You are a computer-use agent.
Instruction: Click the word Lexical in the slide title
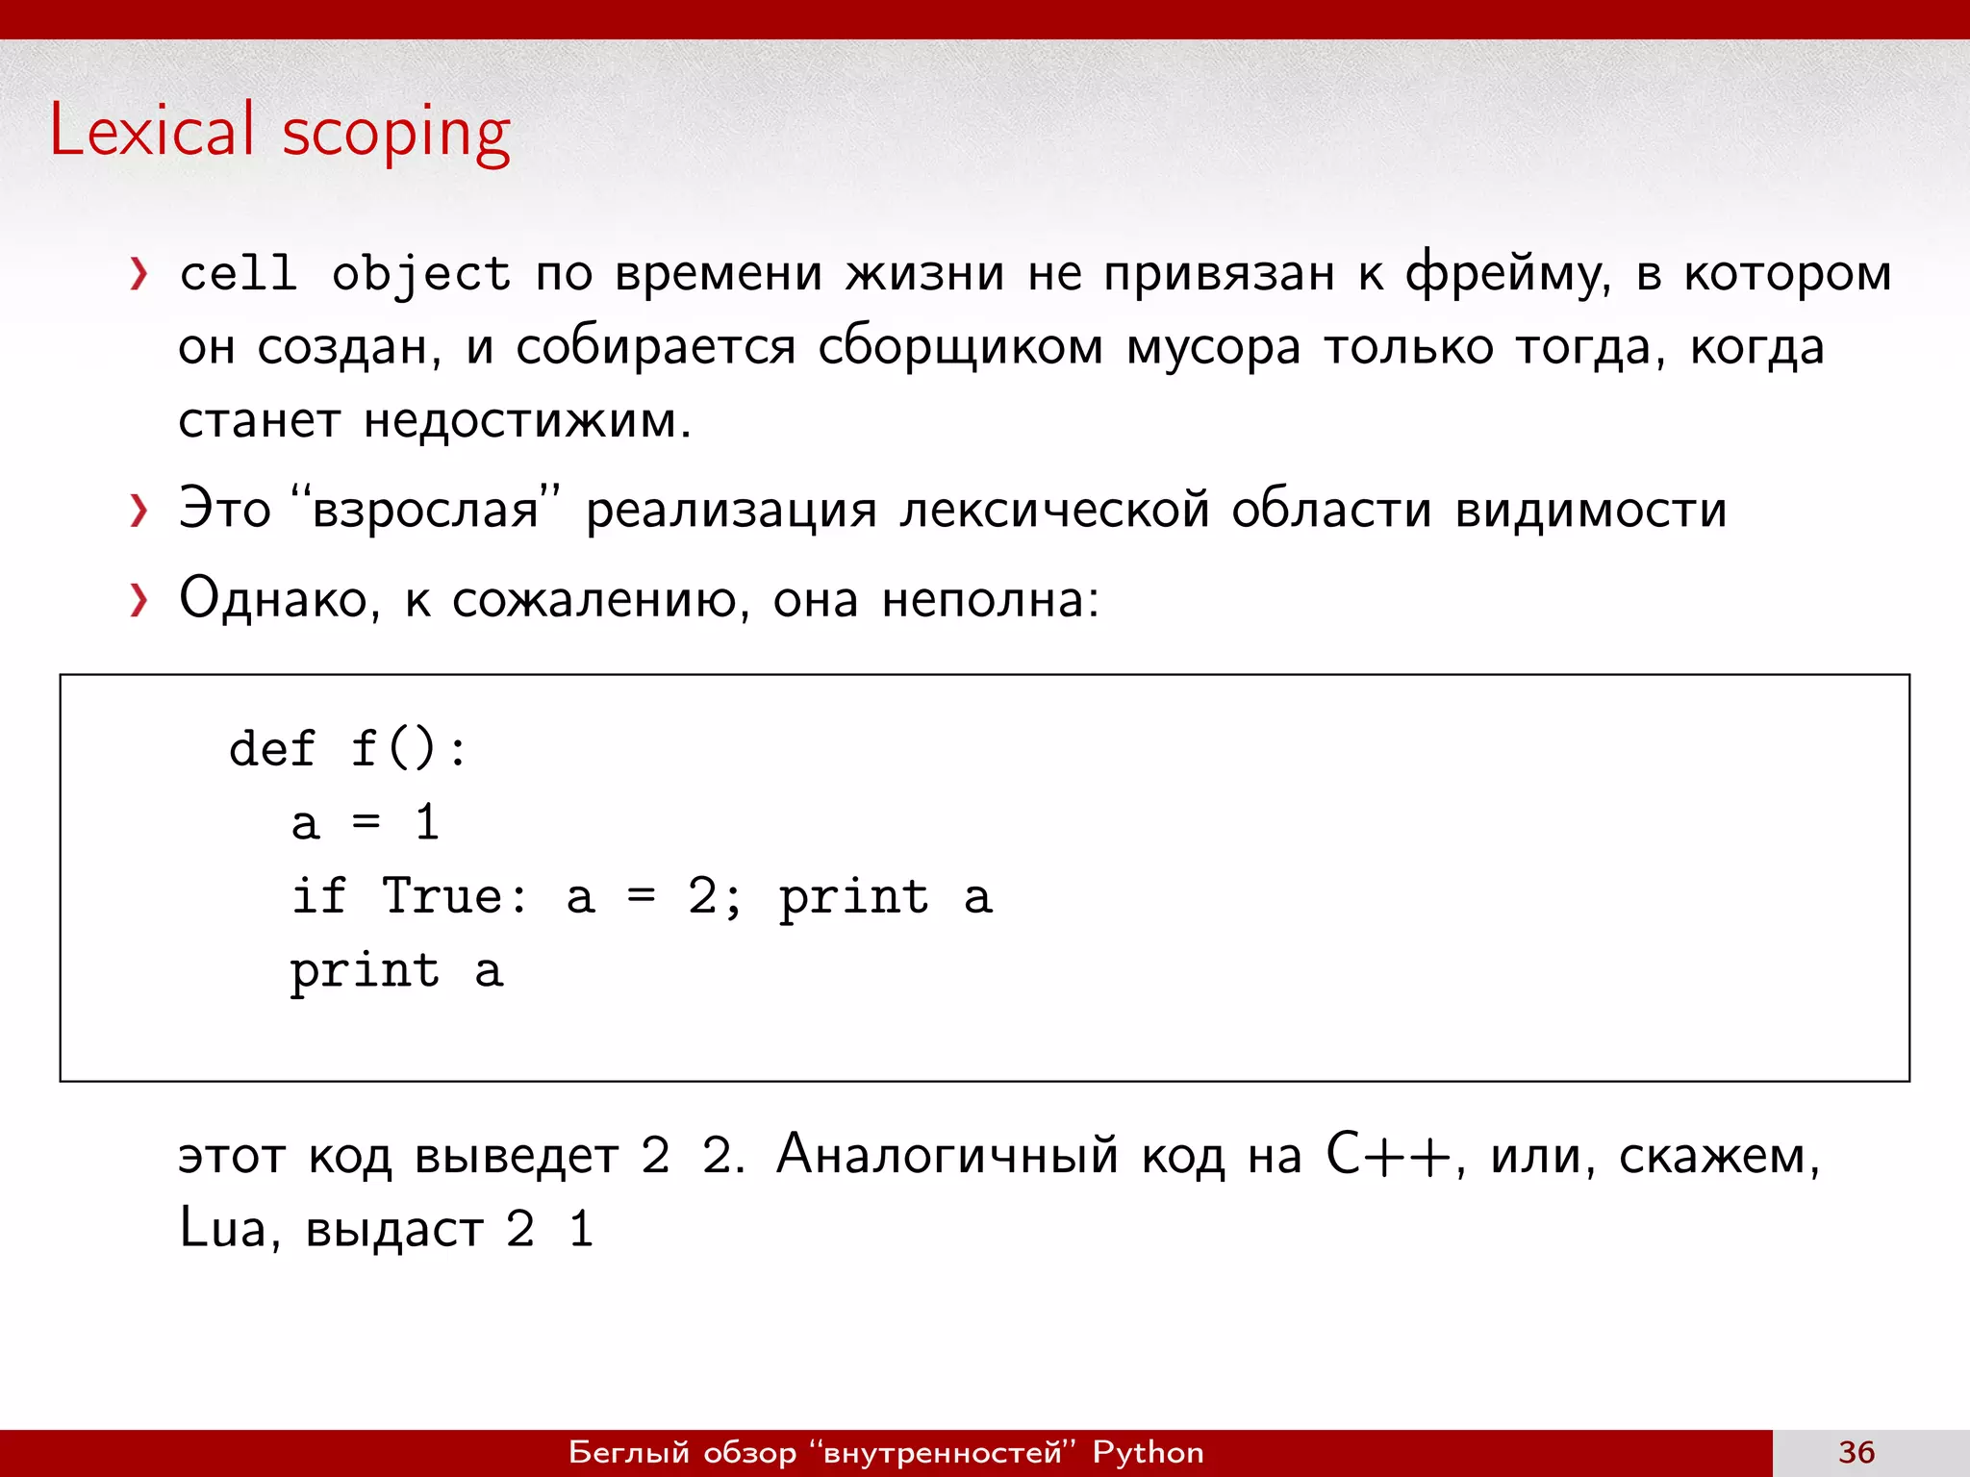(x=152, y=130)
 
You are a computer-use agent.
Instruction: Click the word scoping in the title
(x=395, y=135)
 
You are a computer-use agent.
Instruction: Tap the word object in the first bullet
(x=420, y=274)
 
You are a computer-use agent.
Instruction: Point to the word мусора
(x=1213, y=347)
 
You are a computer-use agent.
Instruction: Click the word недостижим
(x=527, y=420)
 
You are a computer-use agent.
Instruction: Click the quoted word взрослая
(x=425, y=510)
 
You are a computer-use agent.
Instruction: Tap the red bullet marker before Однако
(x=139, y=600)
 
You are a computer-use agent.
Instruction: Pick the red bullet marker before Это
(x=139, y=511)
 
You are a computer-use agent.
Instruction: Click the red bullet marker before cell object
(x=139, y=274)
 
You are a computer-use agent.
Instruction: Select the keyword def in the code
(x=271, y=748)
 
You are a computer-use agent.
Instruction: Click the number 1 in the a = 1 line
(x=427, y=823)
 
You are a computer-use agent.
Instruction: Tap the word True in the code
(x=442, y=896)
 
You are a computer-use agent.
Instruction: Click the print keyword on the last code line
(x=365, y=970)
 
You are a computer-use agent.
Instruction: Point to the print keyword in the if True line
(x=853, y=897)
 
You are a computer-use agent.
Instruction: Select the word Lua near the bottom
(x=222, y=1228)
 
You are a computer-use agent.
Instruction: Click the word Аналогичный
(x=947, y=1154)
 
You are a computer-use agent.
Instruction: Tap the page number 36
(x=1856, y=1452)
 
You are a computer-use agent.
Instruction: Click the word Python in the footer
(x=1148, y=1452)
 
